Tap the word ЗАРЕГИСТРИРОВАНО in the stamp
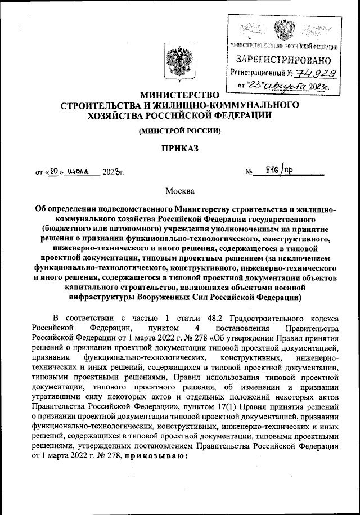[283, 59]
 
